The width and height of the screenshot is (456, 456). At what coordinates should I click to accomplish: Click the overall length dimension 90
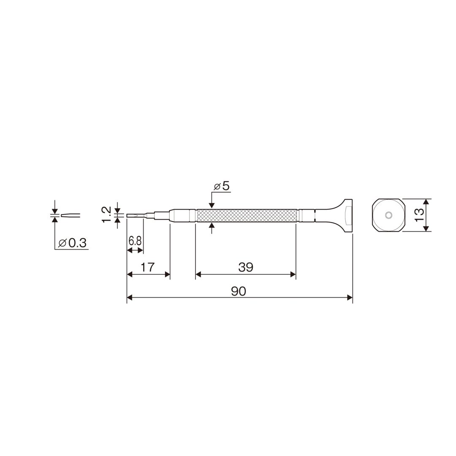pos(239,291)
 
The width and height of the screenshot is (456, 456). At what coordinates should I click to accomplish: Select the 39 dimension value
pos(246,267)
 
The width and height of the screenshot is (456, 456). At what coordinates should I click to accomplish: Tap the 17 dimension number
pos(147,267)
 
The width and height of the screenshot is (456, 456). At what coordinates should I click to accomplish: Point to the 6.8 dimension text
pos(135,241)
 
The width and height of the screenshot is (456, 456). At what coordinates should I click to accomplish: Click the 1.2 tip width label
pos(106,214)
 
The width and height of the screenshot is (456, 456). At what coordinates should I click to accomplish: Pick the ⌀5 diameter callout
pos(222,186)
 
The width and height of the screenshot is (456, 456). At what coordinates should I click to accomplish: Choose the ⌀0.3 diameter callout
pos(73,243)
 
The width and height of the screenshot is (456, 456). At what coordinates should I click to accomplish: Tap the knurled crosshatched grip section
pos(247,215)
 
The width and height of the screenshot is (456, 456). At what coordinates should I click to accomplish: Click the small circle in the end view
pos(388,215)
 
